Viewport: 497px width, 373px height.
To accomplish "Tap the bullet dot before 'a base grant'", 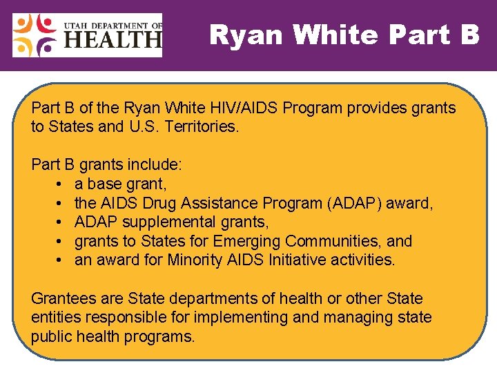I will coord(61,184).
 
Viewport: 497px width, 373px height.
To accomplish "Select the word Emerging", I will coord(246,241).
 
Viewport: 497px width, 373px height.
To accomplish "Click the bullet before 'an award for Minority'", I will coord(61,260).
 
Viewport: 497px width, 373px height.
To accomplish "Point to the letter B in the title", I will coord(467,35).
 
